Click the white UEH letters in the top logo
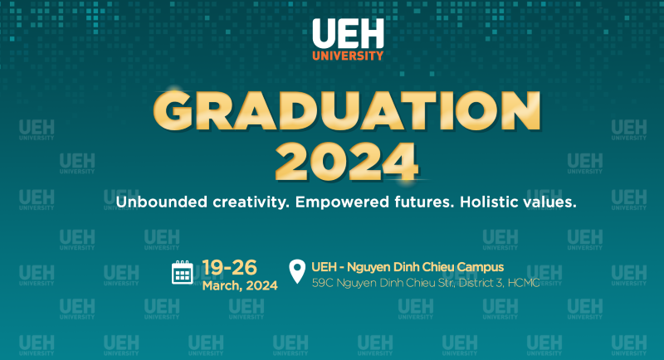point(348,33)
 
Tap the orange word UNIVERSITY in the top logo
point(348,56)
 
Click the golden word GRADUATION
point(347,111)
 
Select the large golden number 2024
point(347,162)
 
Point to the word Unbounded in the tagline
point(162,202)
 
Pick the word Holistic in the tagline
point(489,202)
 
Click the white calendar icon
point(183,272)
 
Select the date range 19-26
point(230,267)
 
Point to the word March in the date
point(222,286)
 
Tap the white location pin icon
point(297,271)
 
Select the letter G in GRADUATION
point(173,111)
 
